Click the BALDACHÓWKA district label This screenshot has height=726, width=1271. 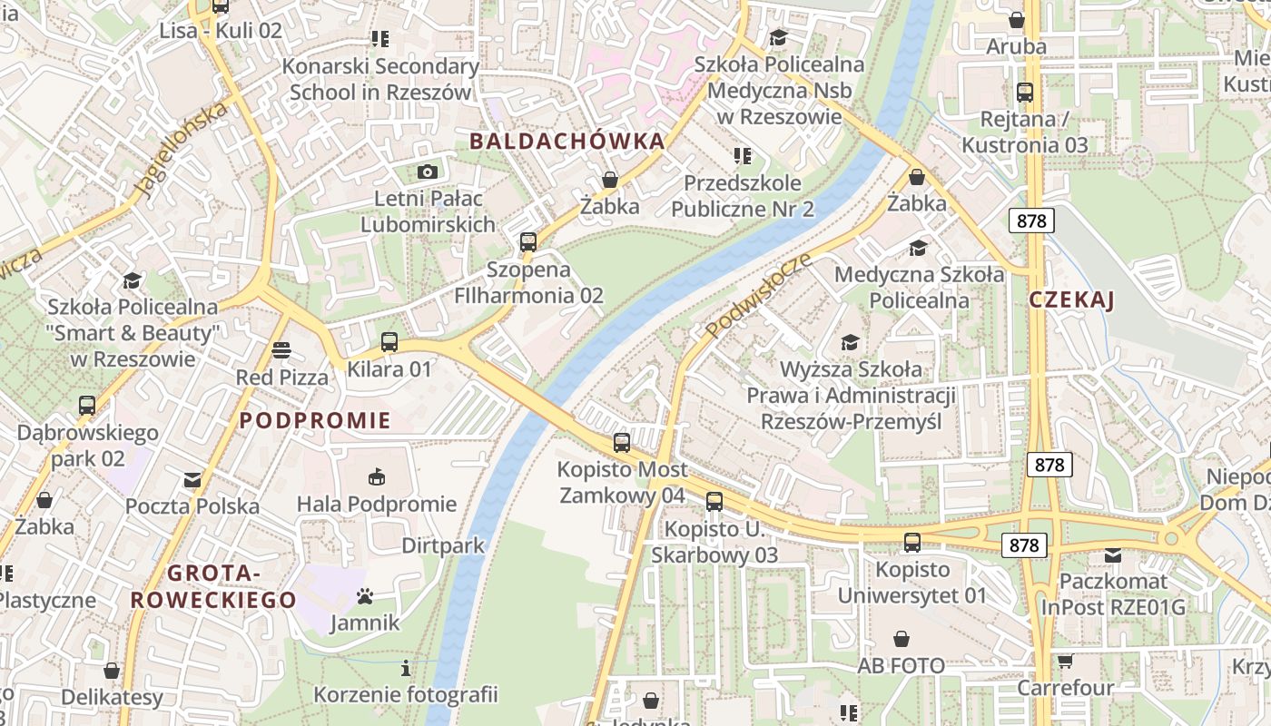click(x=567, y=142)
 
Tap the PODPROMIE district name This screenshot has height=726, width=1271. click(x=315, y=420)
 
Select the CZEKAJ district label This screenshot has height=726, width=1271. click(x=1071, y=300)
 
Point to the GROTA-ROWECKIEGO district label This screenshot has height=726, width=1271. click(x=213, y=586)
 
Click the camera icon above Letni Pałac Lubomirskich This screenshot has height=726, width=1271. click(x=428, y=172)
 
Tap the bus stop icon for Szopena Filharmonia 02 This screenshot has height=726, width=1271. click(x=528, y=241)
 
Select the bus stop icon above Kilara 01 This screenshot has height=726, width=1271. click(x=389, y=342)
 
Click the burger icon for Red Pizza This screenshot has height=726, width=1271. click(x=281, y=350)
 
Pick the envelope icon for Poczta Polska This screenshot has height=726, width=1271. click(x=192, y=479)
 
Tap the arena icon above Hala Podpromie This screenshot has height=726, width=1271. click(x=377, y=476)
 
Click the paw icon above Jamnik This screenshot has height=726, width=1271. click(x=365, y=596)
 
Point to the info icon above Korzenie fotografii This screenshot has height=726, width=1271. click(x=406, y=669)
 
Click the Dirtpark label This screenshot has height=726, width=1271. click(x=443, y=545)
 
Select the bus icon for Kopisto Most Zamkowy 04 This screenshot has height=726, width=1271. click(x=622, y=443)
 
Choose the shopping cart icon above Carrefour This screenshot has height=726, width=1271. click(x=1065, y=661)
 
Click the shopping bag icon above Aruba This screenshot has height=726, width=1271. click(x=1017, y=19)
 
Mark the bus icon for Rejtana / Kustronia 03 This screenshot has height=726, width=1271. click(x=1025, y=92)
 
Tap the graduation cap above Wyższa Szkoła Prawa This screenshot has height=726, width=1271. click(x=850, y=342)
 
